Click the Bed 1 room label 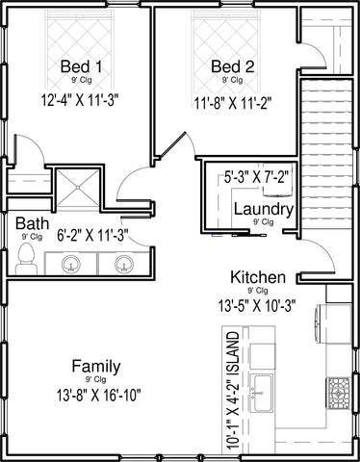[81, 66]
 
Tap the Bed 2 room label [233, 66]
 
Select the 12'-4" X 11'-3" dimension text [80, 100]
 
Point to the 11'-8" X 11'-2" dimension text [233, 103]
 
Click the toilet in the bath [26, 259]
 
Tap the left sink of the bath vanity [70, 264]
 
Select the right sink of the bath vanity [123, 264]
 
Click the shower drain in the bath [78, 187]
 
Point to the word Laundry [264, 210]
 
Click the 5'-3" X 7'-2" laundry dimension [257, 177]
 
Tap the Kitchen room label [258, 277]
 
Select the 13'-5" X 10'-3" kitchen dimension [257, 305]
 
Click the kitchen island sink [262, 393]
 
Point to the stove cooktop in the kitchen [338, 392]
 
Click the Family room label [96, 367]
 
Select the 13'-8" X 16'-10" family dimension [99, 395]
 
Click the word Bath [32, 223]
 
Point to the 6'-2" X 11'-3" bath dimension [92, 235]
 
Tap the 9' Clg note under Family [95, 379]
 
